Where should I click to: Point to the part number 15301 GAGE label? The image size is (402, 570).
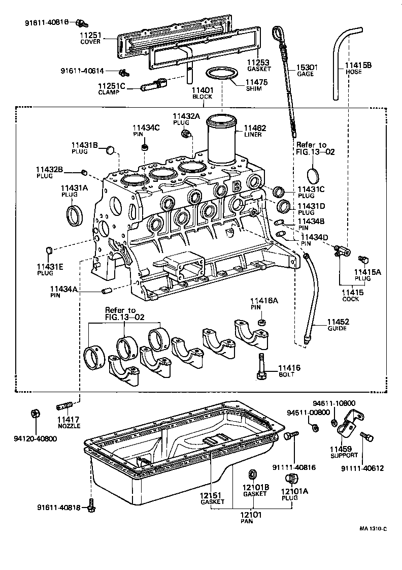point(307,67)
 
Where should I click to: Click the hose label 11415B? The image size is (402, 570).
point(358,66)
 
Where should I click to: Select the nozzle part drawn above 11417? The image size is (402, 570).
point(64,406)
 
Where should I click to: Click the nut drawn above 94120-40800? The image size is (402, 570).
point(36,413)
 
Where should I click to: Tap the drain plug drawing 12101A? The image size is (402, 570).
point(291,479)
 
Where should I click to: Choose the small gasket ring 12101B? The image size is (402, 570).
point(252,474)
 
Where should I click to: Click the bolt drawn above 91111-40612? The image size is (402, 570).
point(366,436)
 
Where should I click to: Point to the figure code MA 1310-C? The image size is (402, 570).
point(373,528)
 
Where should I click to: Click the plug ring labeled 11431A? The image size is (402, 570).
point(75,214)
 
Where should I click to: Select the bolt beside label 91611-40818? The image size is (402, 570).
point(91,506)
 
